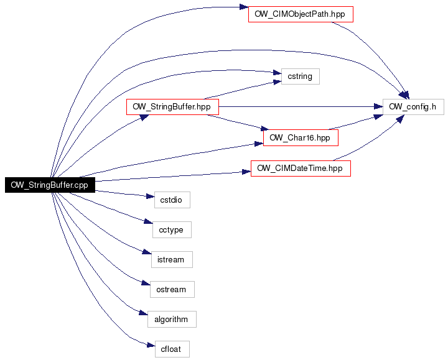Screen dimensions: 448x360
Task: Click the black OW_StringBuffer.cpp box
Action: pyautogui.click(x=50, y=185)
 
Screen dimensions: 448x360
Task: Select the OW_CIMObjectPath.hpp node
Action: pyautogui.click(x=301, y=14)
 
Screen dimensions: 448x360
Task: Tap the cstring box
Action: pyautogui.click(x=301, y=76)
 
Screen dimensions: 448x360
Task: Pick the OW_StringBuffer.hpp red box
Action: pyautogui.click(x=172, y=107)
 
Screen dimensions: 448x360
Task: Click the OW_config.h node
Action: pyautogui.click(x=413, y=107)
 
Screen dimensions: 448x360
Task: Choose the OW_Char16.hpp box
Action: pyautogui.click(x=301, y=137)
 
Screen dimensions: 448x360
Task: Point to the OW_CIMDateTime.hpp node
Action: pyautogui.click(x=301, y=168)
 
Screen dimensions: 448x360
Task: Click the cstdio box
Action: pyautogui.click(x=172, y=200)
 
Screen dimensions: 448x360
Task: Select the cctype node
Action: pyautogui.click(x=172, y=229)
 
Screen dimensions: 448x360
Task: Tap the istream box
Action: pyautogui.click(x=172, y=259)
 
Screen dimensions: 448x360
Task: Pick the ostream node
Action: pyautogui.click(x=172, y=290)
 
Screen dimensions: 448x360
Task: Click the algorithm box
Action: pyautogui.click(x=172, y=319)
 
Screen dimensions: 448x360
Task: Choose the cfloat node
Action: pyautogui.click(x=172, y=349)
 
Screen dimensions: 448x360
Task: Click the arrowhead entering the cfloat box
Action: pyautogui.click(x=151, y=345)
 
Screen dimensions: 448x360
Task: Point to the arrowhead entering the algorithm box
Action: pyautogui.click(x=144, y=313)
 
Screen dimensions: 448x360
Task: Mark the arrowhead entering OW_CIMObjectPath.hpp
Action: pyautogui.click(x=244, y=7)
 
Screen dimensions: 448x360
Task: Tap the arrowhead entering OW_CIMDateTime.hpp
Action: pyautogui.click(x=246, y=172)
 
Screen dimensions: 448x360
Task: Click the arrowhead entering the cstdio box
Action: pyautogui.click(x=151, y=196)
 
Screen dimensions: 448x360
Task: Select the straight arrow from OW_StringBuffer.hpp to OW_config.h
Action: pyautogui.click(x=301, y=107)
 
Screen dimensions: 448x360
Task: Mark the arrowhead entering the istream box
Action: pyautogui.click(x=147, y=252)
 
